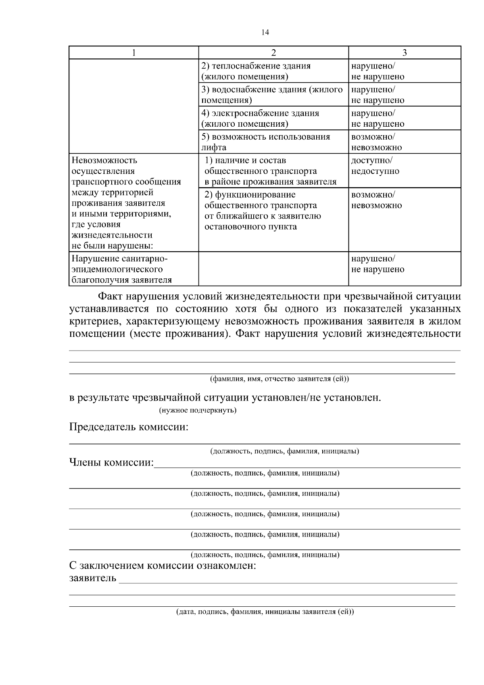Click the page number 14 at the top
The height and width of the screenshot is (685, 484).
pos(265,33)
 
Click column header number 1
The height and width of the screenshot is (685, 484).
pos(134,53)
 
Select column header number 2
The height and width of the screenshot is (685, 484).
pos(273,53)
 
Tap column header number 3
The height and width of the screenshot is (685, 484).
pos(405,53)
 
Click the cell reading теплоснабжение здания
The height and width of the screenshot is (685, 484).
pos(273,71)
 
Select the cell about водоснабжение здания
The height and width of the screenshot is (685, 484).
pos(273,94)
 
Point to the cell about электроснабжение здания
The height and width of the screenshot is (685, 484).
pos(273,118)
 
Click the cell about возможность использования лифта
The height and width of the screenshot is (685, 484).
pos(273,142)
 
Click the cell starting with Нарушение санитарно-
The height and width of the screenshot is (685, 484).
pos(134,269)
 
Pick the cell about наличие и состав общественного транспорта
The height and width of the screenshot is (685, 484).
pos(273,171)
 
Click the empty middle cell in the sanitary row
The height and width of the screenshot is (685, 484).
pos(273,269)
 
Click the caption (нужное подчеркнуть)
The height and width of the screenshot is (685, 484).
pos(198,410)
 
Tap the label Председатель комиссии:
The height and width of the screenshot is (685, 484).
pos(129,427)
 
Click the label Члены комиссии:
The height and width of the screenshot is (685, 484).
pos(112,462)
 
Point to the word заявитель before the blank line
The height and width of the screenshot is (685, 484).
pos(93,578)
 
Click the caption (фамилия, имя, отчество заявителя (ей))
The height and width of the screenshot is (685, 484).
pos(279,379)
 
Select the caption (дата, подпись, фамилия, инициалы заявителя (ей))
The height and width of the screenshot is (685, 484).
pos(265,612)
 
